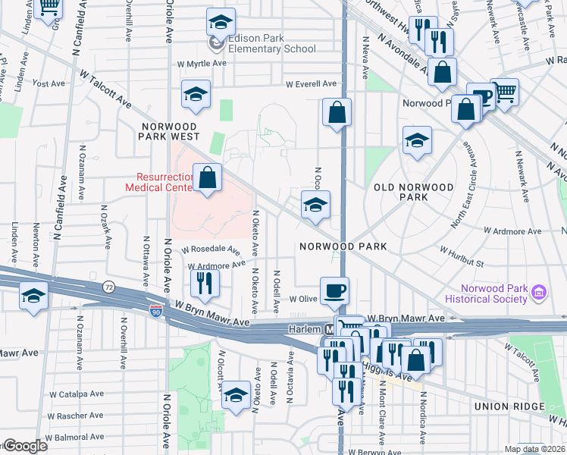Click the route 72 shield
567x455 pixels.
[109, 287]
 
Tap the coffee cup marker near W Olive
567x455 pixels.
[334, 290]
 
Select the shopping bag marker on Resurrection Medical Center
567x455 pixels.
[207, 179]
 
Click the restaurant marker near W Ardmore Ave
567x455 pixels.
[204, 283]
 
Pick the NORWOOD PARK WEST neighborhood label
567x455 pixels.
[168, 131]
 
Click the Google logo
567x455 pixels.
[25, 446]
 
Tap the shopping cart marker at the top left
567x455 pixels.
[49, 6]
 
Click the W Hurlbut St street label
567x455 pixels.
[461, 256]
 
